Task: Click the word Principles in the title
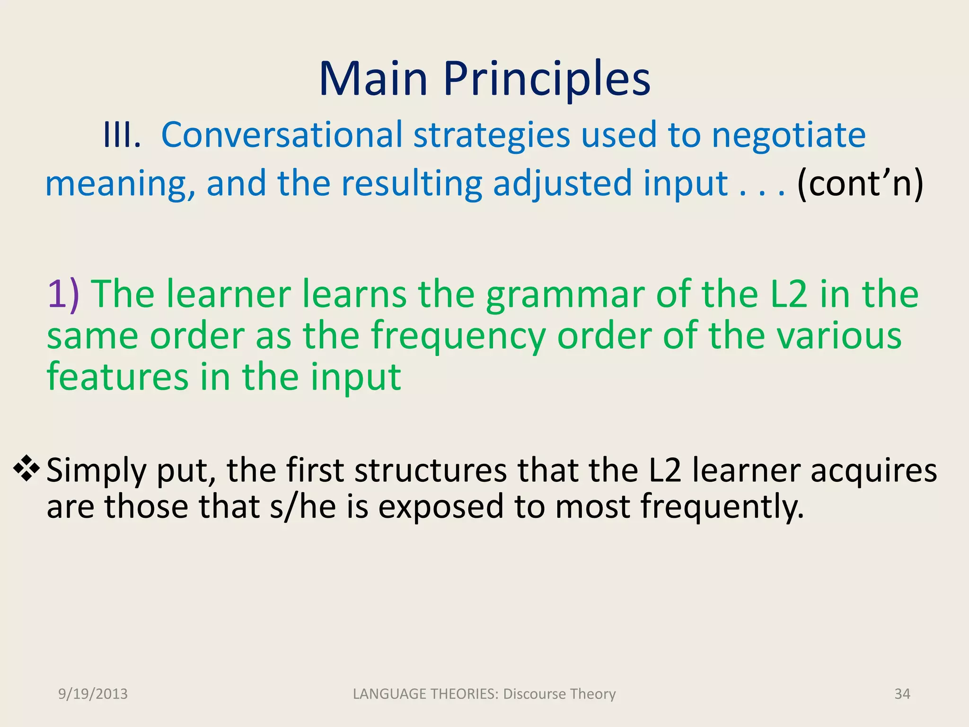coord(546,80)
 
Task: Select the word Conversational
coord(282,135)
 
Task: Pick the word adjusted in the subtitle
coord(562,184)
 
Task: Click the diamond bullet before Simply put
coord(26,469)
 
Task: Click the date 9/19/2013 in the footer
coord(93,694)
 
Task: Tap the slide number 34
coord(902,694)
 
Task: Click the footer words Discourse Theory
coord(559,694)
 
